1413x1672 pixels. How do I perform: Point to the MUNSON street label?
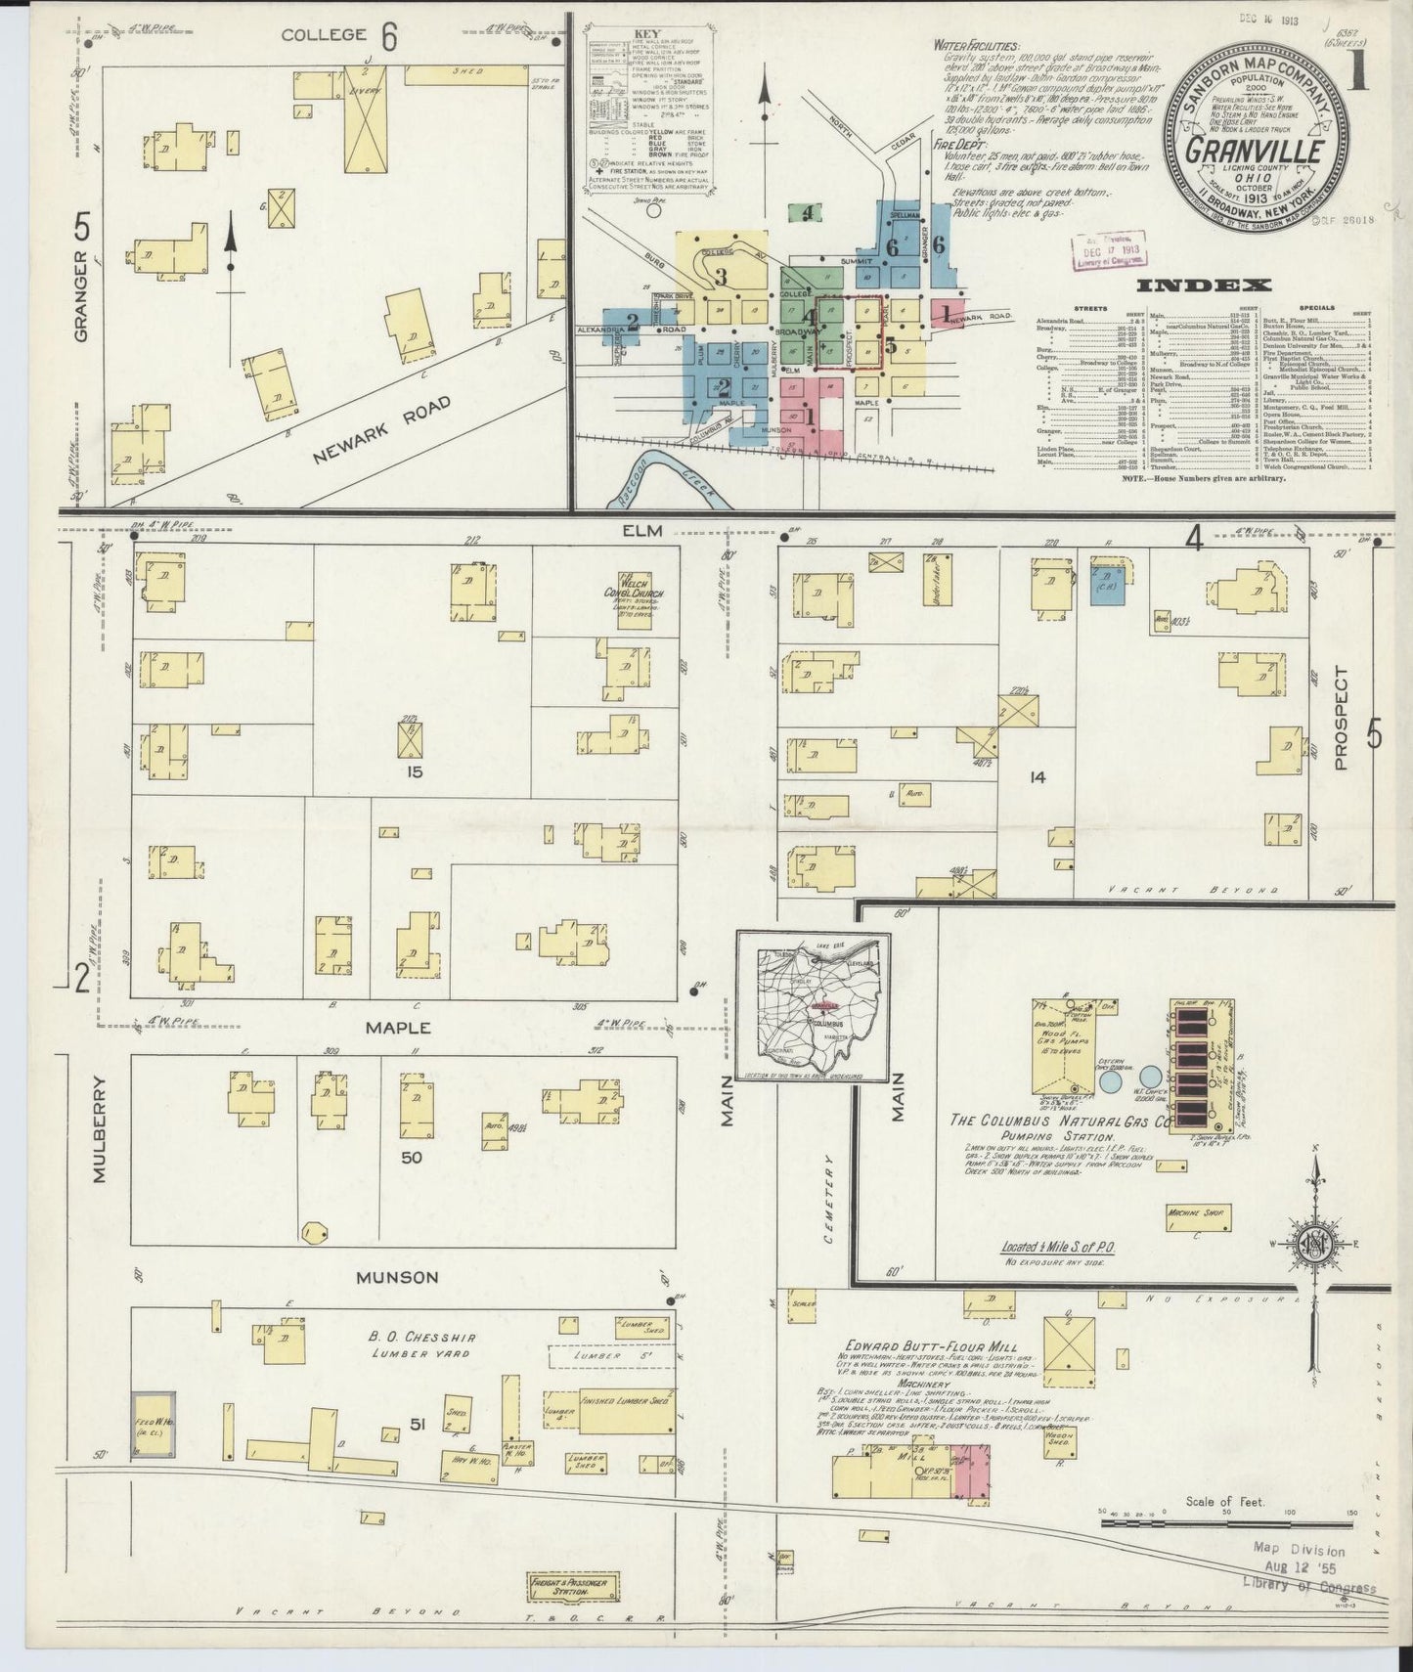397,1277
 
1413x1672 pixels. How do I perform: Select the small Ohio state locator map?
814,1007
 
